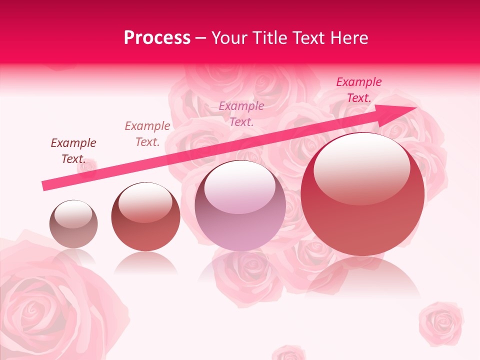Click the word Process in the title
coord(157,38)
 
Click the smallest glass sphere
coord(73,224)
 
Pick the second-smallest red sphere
coord(145,216)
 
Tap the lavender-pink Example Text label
coord(241,113)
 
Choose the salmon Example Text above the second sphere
coord(147,134)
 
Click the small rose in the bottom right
coord(441,322)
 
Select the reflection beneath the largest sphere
coord(362,277)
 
